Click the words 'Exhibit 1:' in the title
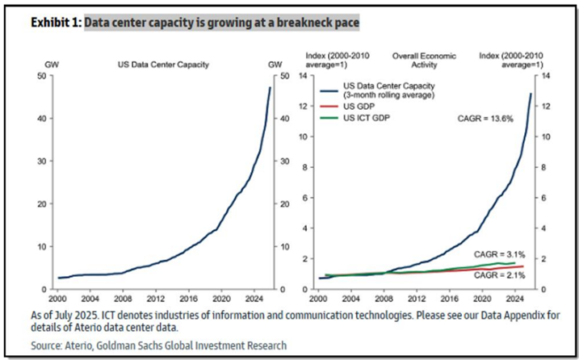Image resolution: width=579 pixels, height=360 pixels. pyautogui.click(x=56, y=22)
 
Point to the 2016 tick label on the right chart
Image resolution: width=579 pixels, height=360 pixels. pyautogui.click(x=454, y=297)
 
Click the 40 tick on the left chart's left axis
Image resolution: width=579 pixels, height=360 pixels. pyautogui.click(x=41, y=119)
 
